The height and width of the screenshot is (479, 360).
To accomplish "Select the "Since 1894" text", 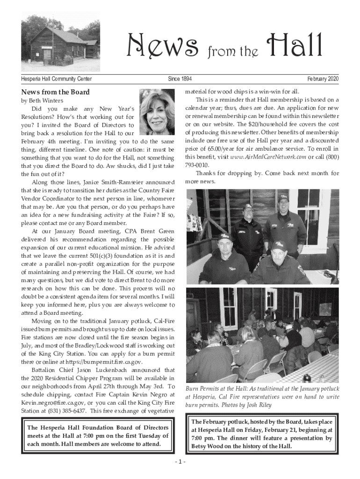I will [180, 79].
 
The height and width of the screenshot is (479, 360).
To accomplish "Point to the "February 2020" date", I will [323, 79].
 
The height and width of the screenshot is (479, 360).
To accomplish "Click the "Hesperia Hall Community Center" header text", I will [57, 79].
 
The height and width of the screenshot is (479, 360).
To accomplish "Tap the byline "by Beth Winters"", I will [41, 101].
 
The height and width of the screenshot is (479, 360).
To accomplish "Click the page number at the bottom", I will [180, 462].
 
